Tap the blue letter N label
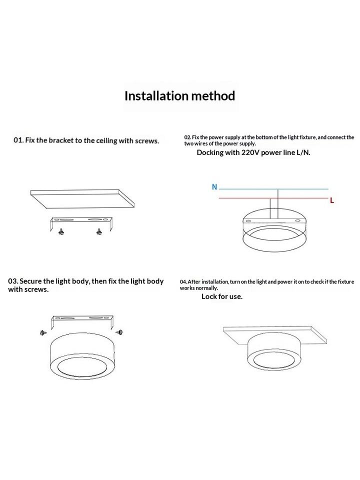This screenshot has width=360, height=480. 214,186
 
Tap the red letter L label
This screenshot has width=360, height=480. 332,200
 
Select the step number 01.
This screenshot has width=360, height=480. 18,140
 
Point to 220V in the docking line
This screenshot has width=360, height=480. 250,152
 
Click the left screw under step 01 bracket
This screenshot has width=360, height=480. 61,231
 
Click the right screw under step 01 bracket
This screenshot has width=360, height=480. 98,231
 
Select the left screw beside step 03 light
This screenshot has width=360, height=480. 43,332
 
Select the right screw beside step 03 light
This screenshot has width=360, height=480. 119,332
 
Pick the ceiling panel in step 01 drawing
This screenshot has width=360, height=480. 82,198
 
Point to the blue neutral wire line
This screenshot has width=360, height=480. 273,189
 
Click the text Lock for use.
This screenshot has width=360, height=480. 222,296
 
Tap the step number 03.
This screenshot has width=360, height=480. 13,281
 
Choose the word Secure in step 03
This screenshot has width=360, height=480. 30,281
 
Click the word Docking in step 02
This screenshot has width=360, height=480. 210,152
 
